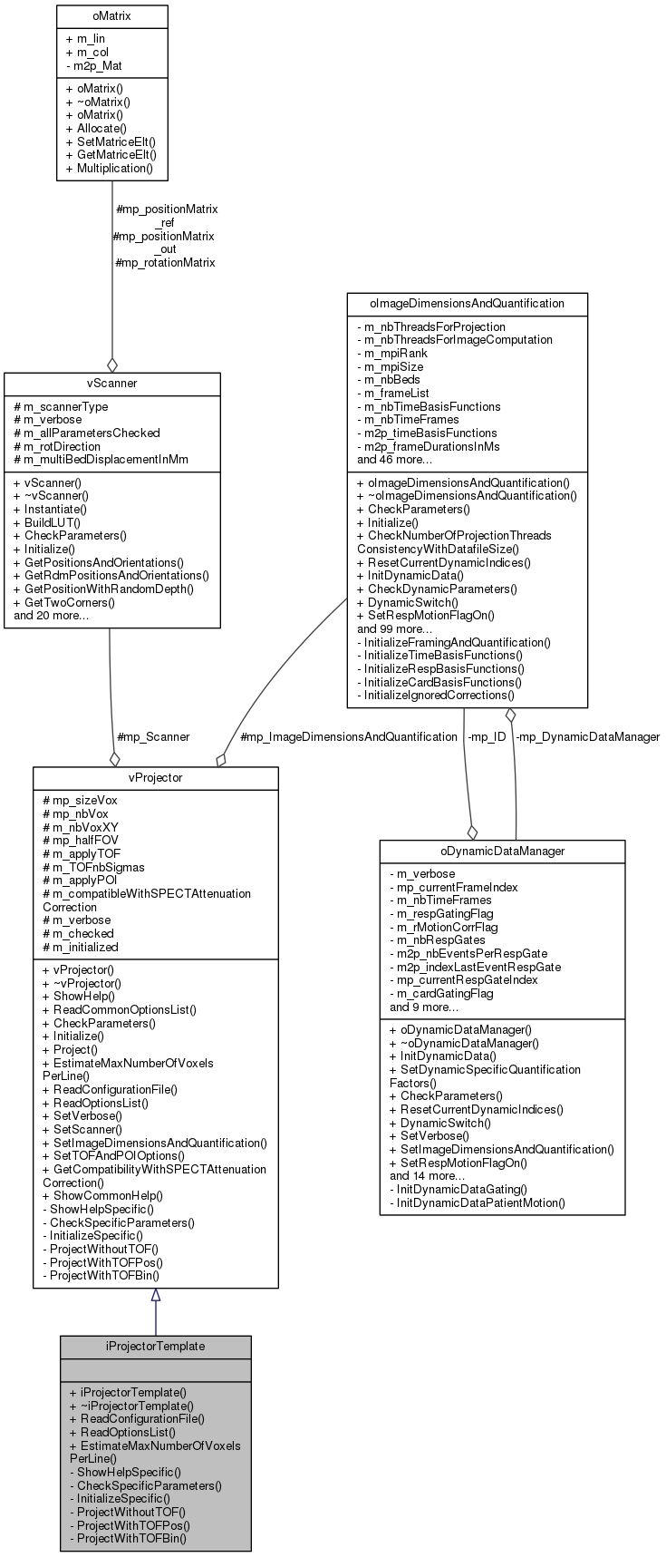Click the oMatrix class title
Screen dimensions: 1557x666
click(x=111, y=16)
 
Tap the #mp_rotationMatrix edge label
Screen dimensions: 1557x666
click(x=165, y=262)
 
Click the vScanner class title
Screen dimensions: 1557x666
click(x=111, y=384)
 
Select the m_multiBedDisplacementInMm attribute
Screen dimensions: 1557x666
click(x=101, y=459)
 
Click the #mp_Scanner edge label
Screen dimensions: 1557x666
click(x=153, y=736)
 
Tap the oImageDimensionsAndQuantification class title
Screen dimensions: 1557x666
click(x=467, y=303)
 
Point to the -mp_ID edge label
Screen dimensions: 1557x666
click(x=486, y=736)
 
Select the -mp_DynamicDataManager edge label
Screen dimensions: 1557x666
click(x=587, y=736)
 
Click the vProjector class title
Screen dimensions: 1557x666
click(x=155, y=778)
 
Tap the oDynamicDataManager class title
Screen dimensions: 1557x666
click(x=502, y=851)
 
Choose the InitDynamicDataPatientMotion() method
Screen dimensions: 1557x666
click(x=477, y=1202)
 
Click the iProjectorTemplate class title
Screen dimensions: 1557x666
click(x=155, y=1346)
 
